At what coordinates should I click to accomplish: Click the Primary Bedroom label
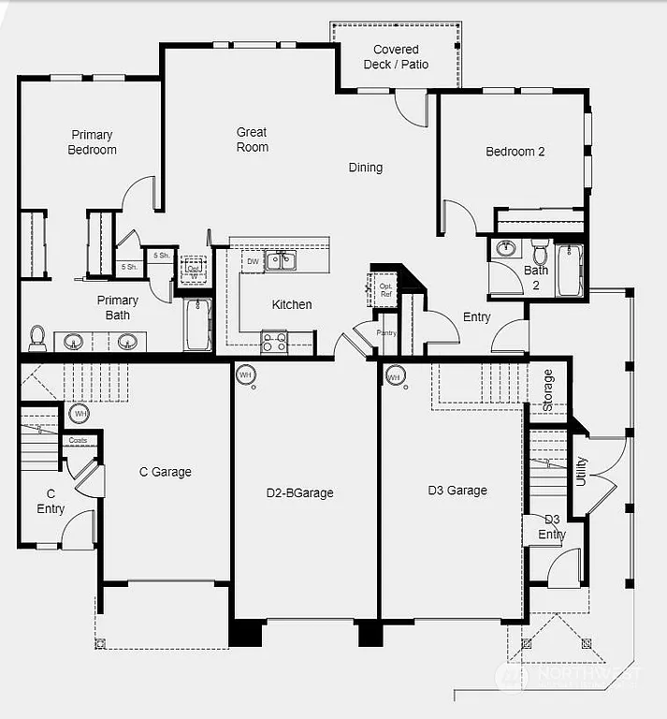click(92, 142)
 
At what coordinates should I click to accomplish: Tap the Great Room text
click(252, 139)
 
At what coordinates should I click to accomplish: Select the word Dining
click(366, 168)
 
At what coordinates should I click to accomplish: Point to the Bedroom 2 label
click(515, 152)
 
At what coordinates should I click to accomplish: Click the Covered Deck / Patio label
click(396, 57)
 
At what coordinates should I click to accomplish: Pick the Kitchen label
click(292, 304)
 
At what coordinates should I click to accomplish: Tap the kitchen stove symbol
click(274, 343)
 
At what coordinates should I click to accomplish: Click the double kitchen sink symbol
click(282, 261)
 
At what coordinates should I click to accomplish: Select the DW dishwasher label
click(253, 262)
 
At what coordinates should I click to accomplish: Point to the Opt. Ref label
click(385, 288)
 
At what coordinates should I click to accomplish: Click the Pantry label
click(386, 332)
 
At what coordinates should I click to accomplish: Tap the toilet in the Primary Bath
click(38, 336)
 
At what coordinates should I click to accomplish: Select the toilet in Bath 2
click(540, 252)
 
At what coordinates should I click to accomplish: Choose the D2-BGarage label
click(299, 492)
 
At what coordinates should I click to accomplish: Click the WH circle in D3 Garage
click(394, 377)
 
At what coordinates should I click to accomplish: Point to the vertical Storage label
click(548, 389)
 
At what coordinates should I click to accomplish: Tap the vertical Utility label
click(581, 471)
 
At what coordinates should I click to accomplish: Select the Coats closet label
click(78, 440)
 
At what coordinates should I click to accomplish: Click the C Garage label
click(165, 472)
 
